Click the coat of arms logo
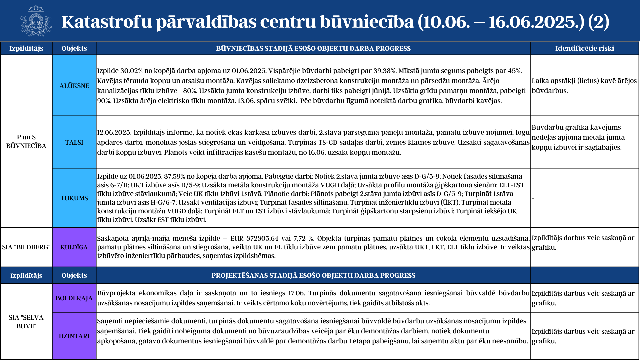click(x=36, y=21)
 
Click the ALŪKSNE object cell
click(x=74, y=86)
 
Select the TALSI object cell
click(x=74, y=142)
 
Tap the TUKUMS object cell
click(x=74, y=198)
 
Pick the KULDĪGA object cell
click(x=74, y=247)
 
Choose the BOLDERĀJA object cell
click(x=74, y=298)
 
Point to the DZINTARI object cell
click(x=74, y=336)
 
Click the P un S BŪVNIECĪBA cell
click(x=26, y=141)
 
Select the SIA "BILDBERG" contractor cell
click(x=26, y=247)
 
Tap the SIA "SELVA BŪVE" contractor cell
click(x=26, y=322)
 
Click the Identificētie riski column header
click(x=585, y=48)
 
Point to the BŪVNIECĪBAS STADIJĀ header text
click(x=313, y=48)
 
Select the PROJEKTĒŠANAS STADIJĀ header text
click(x=313, y=275)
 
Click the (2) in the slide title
click(x=598, y=22)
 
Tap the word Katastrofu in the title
click(x=107, y=22)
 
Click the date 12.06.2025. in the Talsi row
click(x=114, y=132)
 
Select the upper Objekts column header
click(x=74, y=48)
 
